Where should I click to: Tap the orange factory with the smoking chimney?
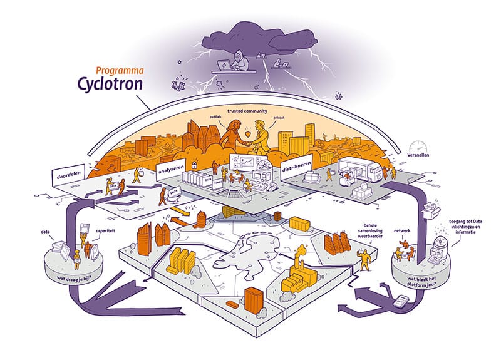295,275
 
